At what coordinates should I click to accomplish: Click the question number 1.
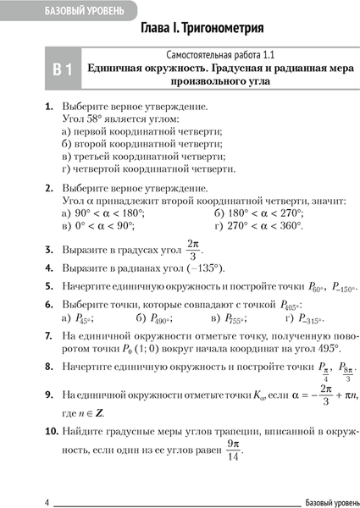48,108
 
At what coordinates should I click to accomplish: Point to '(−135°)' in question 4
204,268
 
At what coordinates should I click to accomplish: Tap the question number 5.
48,286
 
